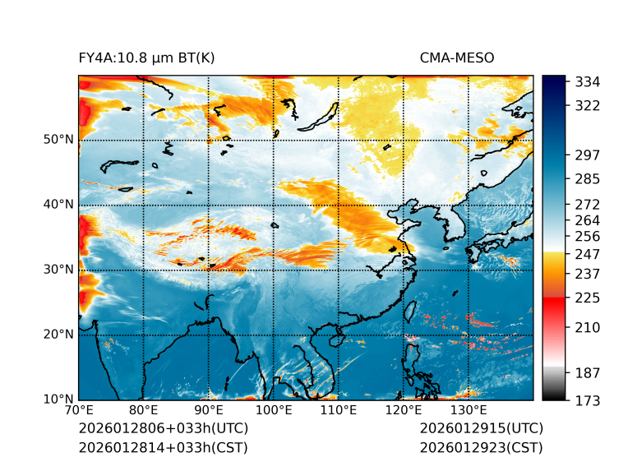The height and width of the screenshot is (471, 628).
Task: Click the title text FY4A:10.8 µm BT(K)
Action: click(147, 58)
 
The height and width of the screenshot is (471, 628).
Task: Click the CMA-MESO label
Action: click(457, 58)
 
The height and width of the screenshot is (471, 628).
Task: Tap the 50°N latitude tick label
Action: click(58, 139)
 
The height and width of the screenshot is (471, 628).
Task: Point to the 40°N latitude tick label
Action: click(58, 204)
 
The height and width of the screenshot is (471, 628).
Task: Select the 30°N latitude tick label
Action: click(58, 269)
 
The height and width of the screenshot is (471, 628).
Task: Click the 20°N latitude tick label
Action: click(58, 335)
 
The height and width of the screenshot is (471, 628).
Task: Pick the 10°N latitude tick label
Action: click(58, 399)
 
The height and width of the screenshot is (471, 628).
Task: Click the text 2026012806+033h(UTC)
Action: click(163, 429)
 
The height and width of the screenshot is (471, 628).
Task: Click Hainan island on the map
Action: click(335, 339)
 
